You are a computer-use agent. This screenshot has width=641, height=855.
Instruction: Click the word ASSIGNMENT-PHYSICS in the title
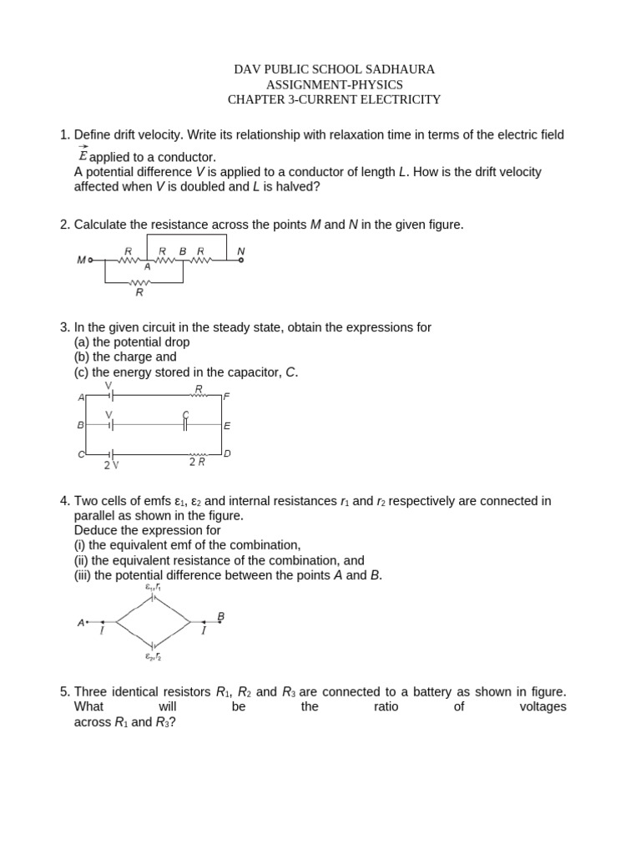(334, 84)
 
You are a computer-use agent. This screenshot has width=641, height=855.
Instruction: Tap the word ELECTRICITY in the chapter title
(397, 99)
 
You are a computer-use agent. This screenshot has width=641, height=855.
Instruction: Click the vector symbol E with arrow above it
(82, 155)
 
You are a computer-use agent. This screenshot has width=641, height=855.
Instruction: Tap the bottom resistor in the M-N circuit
(139, 283)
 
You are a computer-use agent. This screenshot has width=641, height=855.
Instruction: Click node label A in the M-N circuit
(148, 267)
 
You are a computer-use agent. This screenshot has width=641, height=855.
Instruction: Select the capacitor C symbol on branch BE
(186, 424)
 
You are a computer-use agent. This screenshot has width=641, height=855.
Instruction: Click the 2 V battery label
(111, 464)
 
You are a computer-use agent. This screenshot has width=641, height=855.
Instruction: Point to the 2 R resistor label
(198, 462)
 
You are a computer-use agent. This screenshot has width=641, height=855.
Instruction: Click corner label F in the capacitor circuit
(226, 397)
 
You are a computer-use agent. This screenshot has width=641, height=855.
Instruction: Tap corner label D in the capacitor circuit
(226, 453)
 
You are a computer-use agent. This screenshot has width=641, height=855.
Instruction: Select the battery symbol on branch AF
(110, 396)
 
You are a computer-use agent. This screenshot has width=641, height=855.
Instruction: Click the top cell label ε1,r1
(153, 587)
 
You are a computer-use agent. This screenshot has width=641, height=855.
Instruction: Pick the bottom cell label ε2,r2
(153, 657)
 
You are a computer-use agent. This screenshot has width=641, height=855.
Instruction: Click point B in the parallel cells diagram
(220, 617)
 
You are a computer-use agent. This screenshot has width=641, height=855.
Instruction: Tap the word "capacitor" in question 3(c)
(248, 372)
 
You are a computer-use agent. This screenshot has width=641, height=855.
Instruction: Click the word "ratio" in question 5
(386, 706)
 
